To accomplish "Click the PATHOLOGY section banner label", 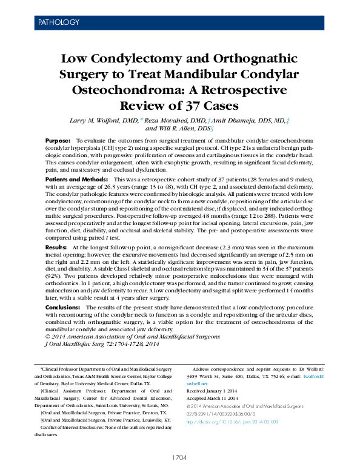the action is click(59, 22).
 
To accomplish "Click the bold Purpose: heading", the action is click(58, 141).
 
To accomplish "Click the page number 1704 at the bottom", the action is click(180, 457).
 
